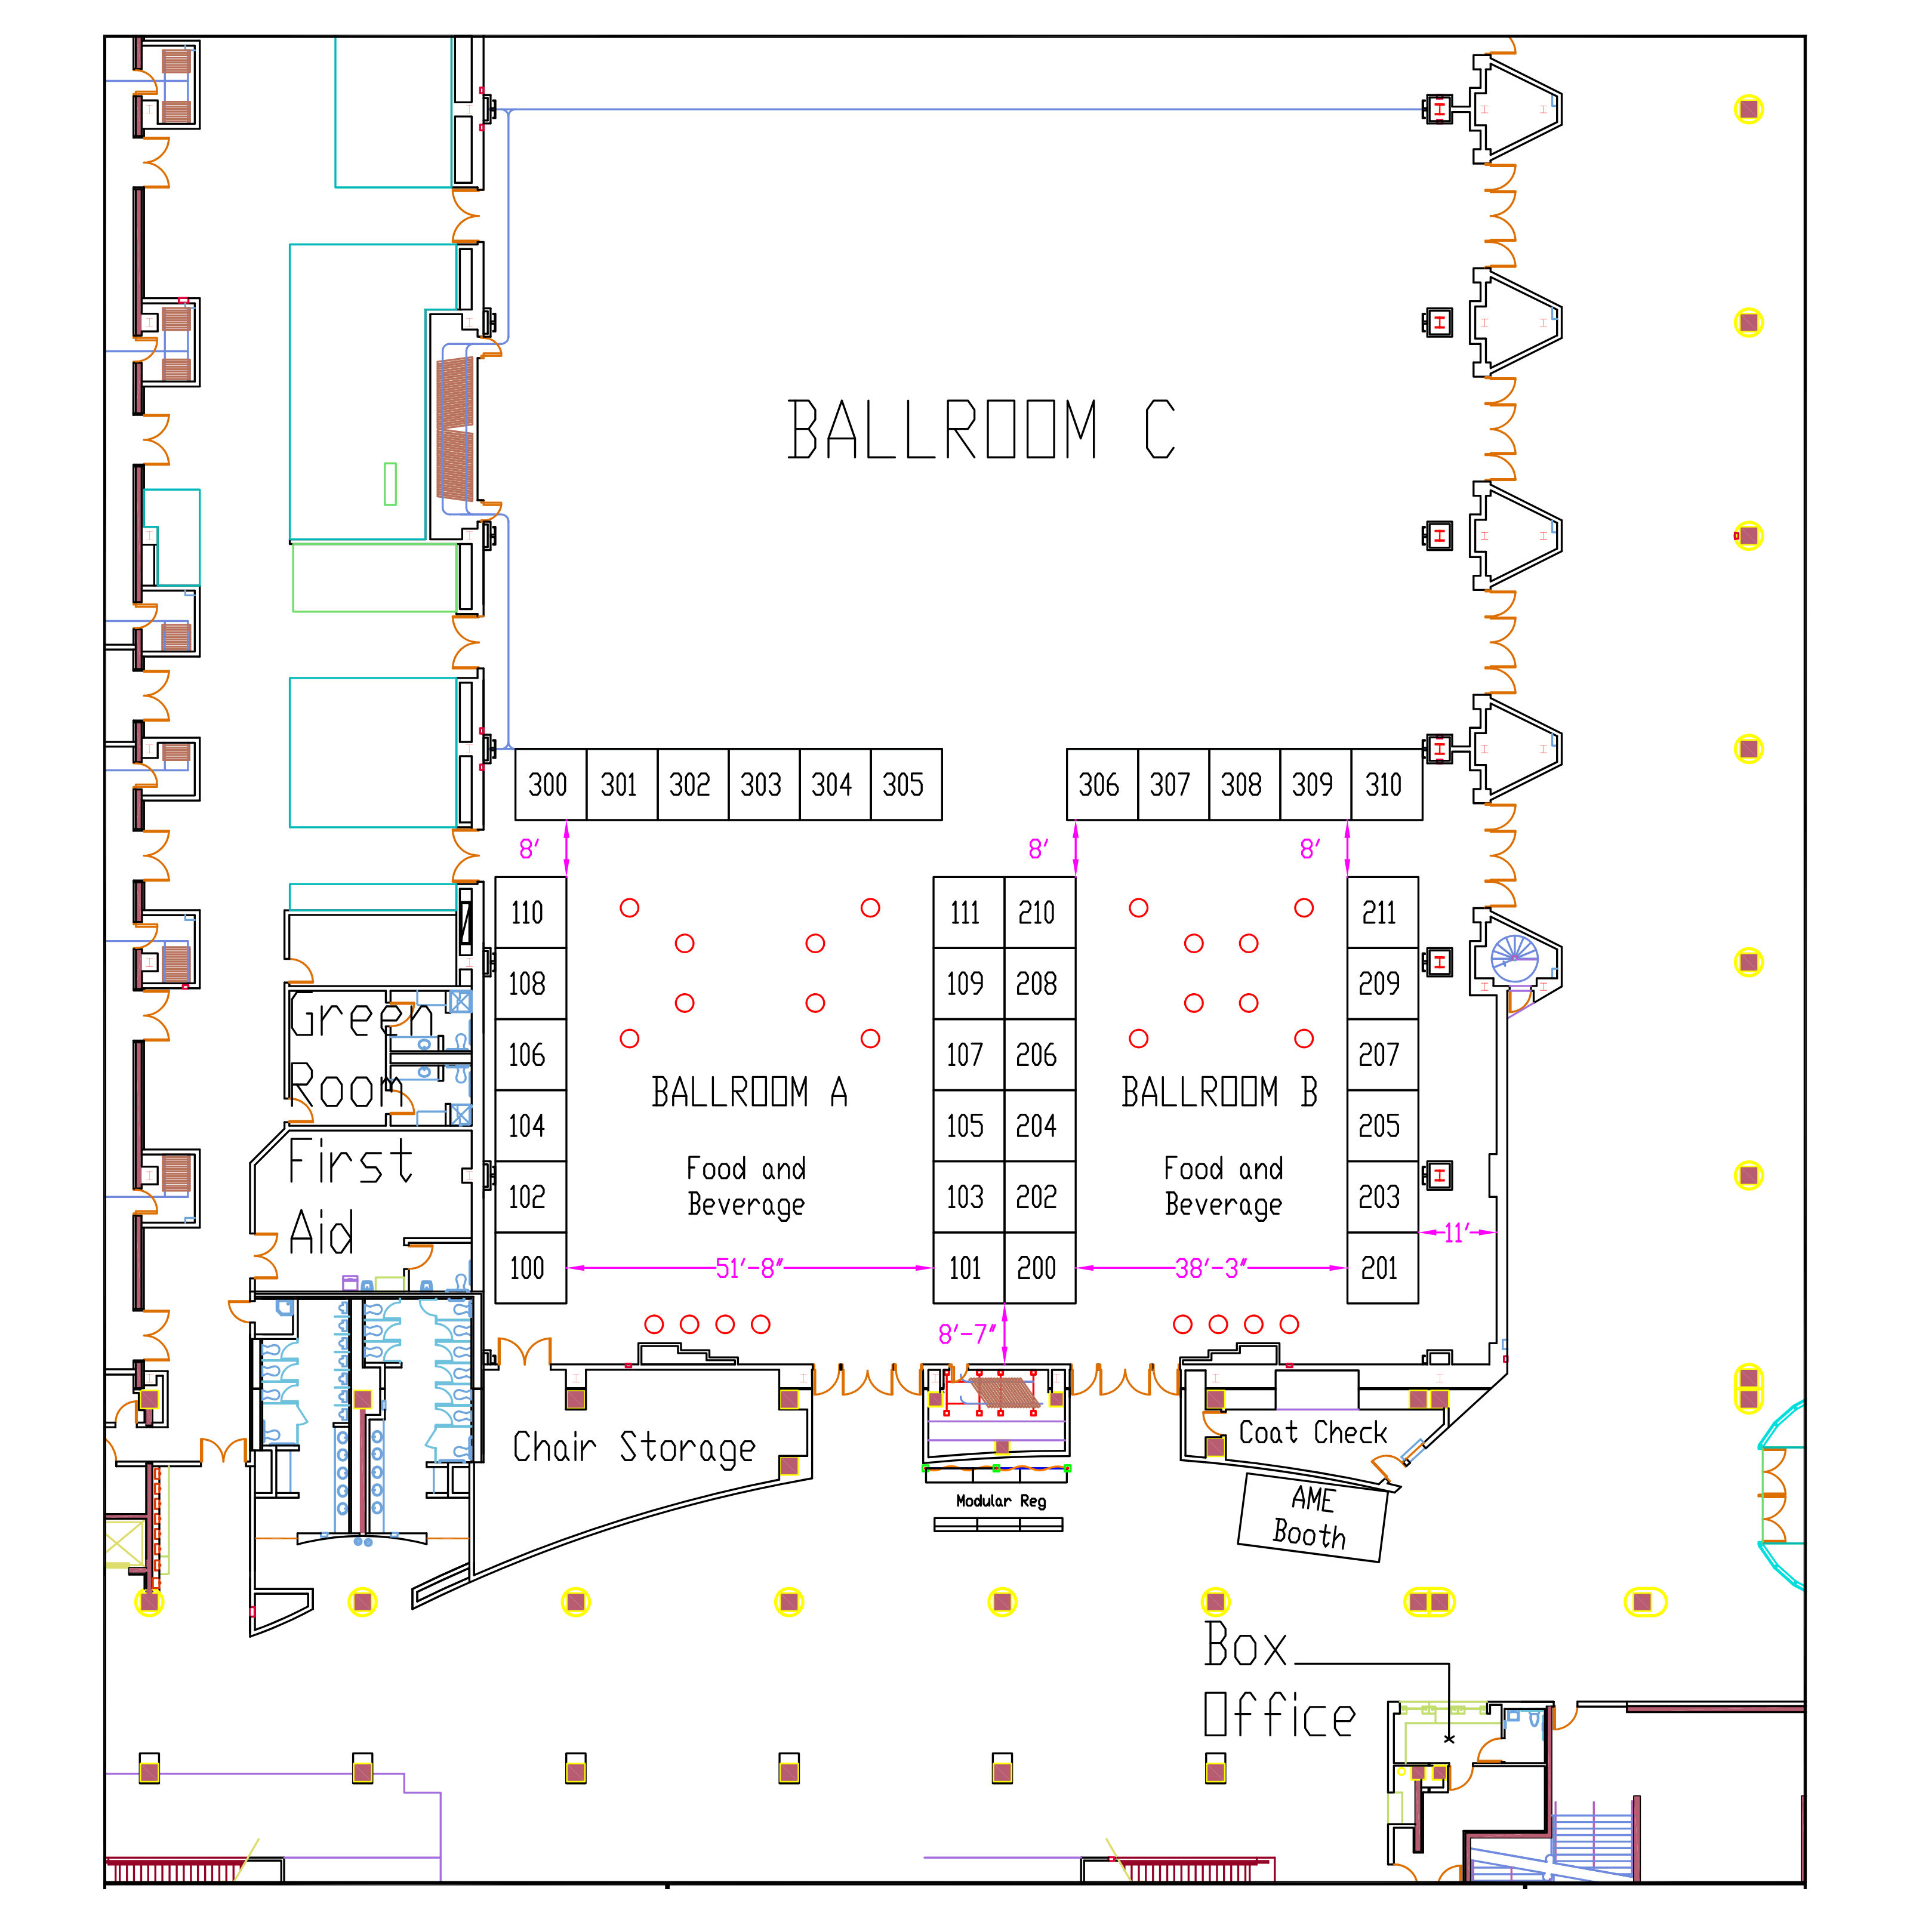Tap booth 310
[1385, 785]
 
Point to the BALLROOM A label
[749, 1092]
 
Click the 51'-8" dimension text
[749, 1268]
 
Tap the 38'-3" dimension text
[1211, 1268]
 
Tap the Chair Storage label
[634, 1449]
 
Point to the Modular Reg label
[1000, 1501]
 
